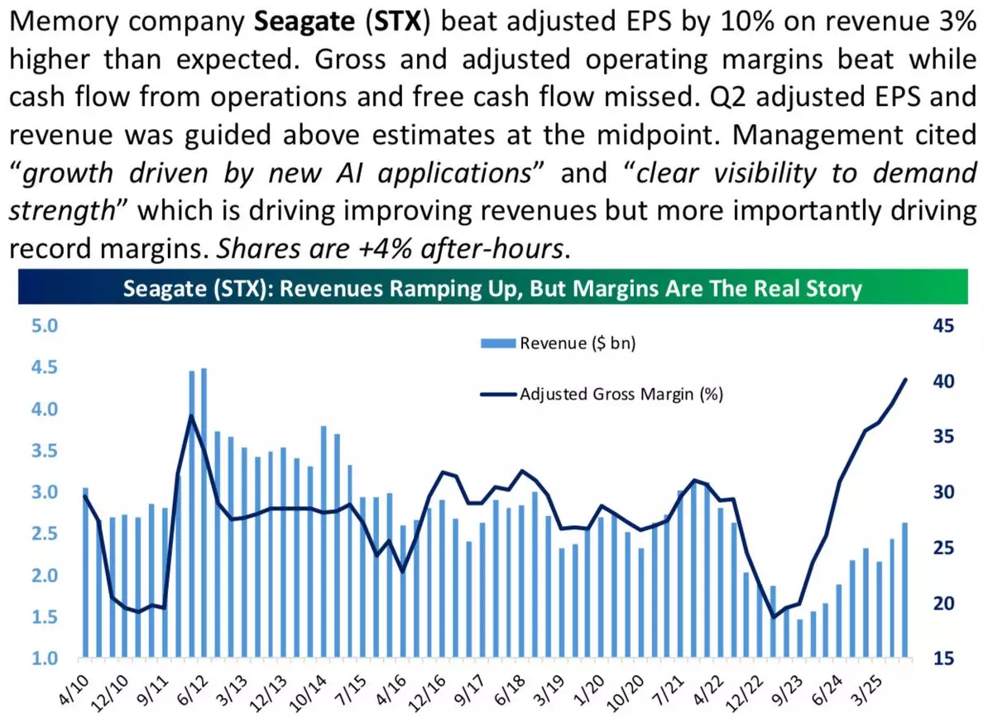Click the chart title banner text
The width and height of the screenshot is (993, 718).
point(492,290)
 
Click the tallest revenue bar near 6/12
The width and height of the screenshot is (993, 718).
point(204,513)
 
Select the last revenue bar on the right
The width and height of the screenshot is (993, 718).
point(905,591)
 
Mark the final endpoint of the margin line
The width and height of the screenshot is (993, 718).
point(906,379)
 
